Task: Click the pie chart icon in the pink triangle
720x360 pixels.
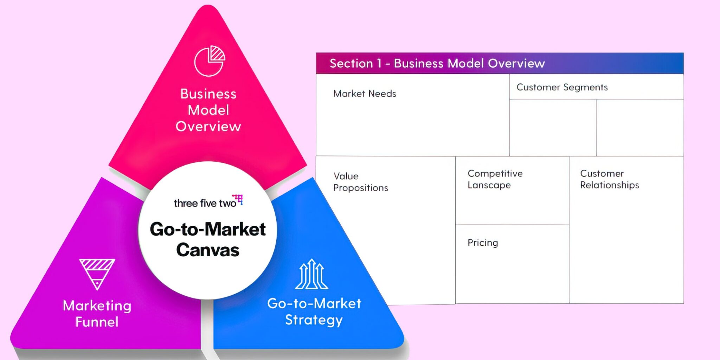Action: click(210, 61)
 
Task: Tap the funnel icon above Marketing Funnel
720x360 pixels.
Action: click(97, 274)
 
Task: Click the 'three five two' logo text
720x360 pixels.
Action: click(205, 203)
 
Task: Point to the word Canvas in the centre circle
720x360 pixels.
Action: click(208, 250)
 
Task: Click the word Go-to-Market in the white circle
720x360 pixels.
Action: click(208, 229)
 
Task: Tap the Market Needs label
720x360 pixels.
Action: click(365, 94)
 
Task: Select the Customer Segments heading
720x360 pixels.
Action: click(562, 87)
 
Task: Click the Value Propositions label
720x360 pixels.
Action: click(360, 182)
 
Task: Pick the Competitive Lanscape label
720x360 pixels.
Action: click(495, 179)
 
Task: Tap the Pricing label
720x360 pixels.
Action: click(483, 243)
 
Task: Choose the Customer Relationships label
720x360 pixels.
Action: click(609, 179)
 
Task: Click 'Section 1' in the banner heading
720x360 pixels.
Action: click(355, 63)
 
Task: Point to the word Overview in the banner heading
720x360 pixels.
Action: click(516, 63)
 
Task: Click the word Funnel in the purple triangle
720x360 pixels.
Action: click(97, 322)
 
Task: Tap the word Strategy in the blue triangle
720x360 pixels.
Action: click(314, 320)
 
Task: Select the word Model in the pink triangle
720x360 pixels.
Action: click(208, 110)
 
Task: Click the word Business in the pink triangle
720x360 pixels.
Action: click(208, 94)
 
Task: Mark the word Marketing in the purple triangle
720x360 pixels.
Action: click(97, 306)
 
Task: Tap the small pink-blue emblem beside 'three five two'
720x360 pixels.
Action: click(238, 199)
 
